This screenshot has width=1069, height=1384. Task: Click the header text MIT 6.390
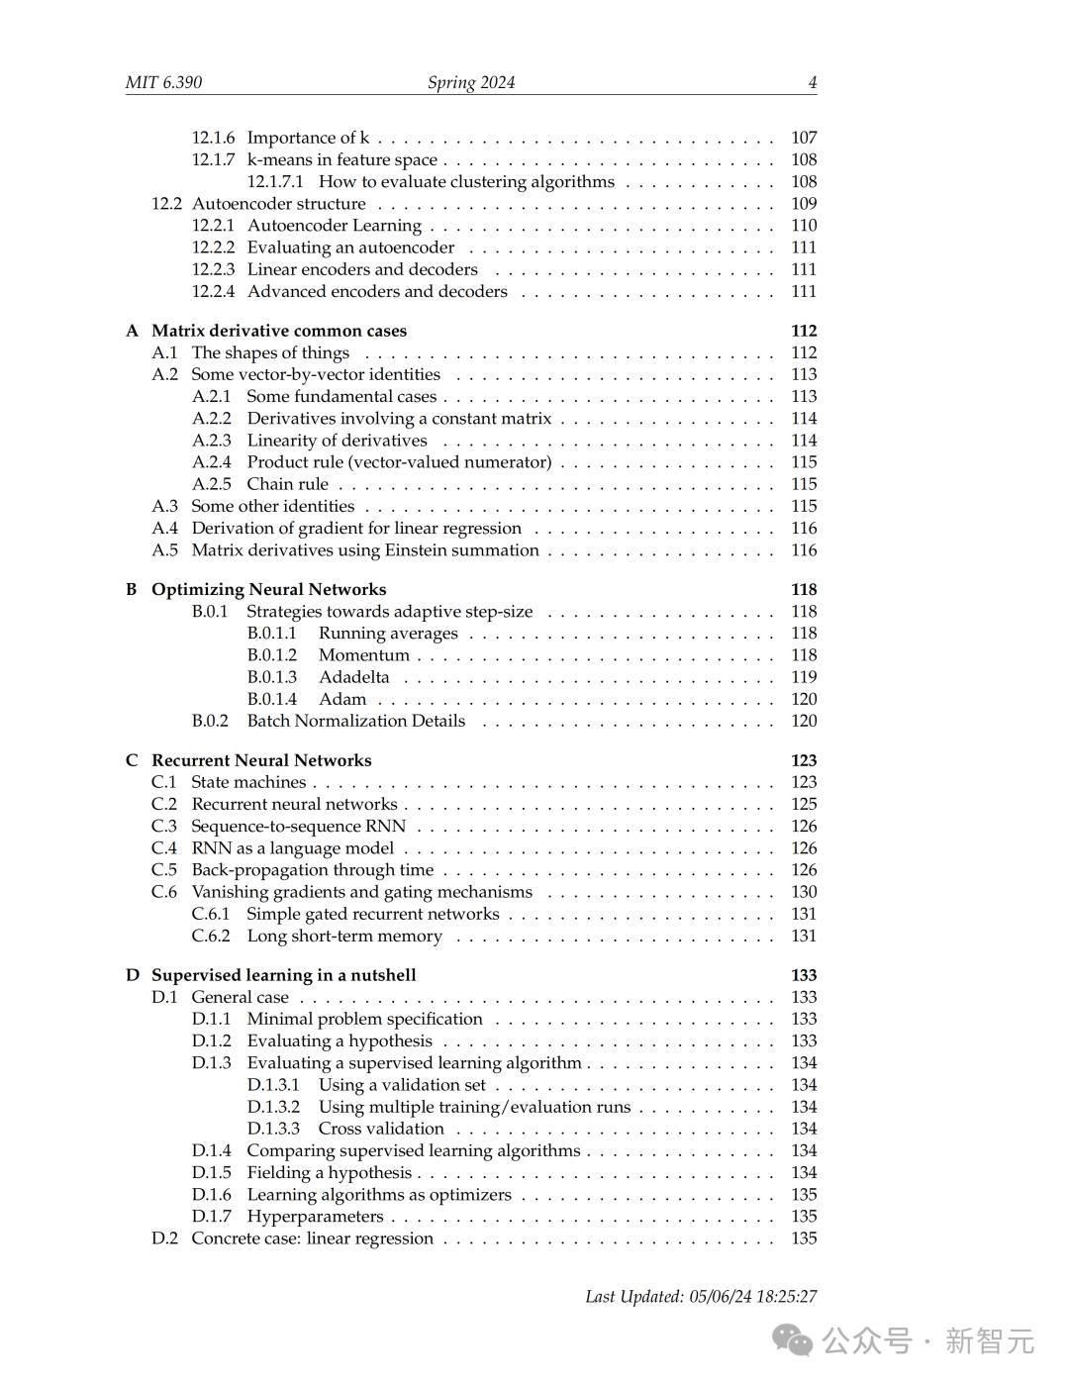[x=163, y=82]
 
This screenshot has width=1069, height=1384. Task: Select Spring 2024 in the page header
[x=471, y=82]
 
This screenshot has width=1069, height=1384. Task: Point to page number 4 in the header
[x=813, y=82]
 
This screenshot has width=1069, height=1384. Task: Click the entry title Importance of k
[x=308, y=138]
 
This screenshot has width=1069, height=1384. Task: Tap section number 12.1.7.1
[x=275, y=181]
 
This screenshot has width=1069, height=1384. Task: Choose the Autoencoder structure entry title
[x=279, y=203]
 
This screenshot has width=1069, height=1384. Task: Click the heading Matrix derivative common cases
[x=279, y=331]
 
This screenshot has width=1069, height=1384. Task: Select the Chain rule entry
[x=288, y=484]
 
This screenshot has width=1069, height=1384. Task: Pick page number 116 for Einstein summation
[x=804, y=550]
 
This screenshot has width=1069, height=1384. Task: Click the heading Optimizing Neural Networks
[x=269, y=589]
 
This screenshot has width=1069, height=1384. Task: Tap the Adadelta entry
[x=354, y=677]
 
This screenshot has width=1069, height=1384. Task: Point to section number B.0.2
[x=210, y=721]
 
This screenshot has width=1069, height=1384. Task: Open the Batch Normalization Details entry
[x=356, y=721]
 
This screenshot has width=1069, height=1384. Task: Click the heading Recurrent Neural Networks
[x=261, y=760]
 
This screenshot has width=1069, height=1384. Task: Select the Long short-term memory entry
[x=344, y=936]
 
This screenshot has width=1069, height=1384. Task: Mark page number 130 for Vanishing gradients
[x=804, y=892]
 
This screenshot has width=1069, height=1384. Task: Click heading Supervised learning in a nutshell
[x=284, y=975]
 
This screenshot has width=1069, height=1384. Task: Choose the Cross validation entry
[x=381, y=1129]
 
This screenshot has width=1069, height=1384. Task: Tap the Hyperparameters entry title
[x=316, y=1217]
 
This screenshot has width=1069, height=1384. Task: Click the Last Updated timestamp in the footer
[x=701, y=1296]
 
